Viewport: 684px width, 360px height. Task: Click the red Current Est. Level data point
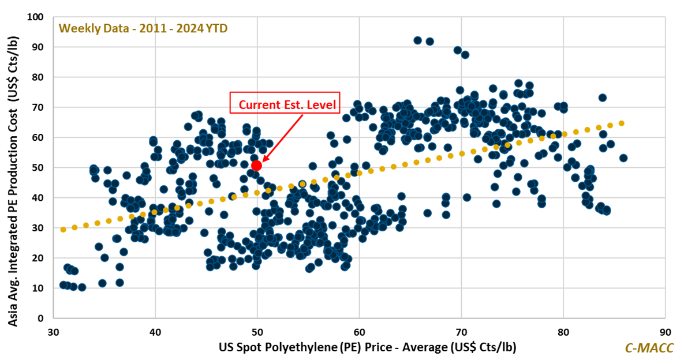(257, 166)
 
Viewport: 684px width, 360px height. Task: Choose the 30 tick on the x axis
(53, 333)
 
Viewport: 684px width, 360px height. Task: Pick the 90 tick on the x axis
(665, 333)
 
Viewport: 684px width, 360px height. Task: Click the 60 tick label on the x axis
(359, 333)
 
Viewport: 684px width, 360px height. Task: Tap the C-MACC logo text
(648, 348)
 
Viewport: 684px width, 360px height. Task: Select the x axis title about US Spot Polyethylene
(367, 347)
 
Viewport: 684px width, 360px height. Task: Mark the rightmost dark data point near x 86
(623, 157)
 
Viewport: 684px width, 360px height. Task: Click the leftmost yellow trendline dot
(63, 230)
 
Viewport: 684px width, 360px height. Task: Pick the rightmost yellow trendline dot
(622, 123)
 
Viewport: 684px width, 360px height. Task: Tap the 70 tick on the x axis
(461, 333)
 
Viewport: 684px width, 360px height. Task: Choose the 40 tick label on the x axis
(155, 333)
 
